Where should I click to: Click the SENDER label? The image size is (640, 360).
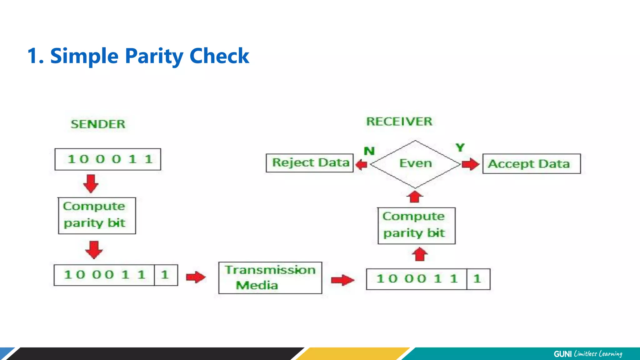[x=98, y=124]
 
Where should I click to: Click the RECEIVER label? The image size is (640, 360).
[x=399, y=121]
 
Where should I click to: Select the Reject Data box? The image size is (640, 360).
[x=310, y=163]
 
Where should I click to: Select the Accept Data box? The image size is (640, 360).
[x=531, y=164]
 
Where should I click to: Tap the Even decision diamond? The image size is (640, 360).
[x=415, y=164]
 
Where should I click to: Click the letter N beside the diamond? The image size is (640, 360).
[x=369, y=151]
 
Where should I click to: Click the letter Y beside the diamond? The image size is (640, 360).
[x=460, y=147]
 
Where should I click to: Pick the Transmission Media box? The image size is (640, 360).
[x=270, y=278]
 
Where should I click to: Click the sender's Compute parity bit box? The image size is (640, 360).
[x=97, y=215]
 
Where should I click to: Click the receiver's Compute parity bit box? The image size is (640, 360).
[x=416, y=226]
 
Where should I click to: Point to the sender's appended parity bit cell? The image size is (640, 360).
[x=166, y=275]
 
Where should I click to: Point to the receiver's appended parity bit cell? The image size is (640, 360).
[x=478, y=279]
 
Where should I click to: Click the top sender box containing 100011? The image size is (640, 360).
[x=108, y=159]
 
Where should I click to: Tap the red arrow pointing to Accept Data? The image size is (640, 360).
[x=470, y=164]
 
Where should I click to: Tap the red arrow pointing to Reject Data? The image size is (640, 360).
[x=361, y=164]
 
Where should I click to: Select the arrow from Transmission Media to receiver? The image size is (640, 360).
[x=342, y=280]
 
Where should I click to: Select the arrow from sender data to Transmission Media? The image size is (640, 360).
[x=196, y=277]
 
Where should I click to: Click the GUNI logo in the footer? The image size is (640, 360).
[x=562, y=354]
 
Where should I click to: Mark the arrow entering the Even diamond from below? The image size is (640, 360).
[x=415, y=197]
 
